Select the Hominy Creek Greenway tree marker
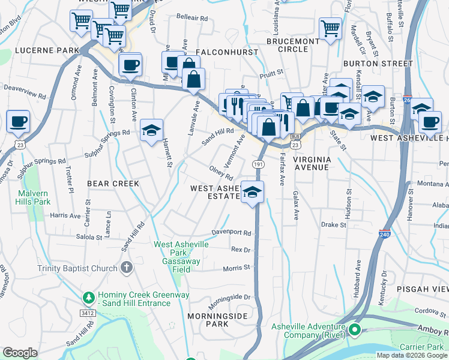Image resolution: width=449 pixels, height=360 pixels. pyautogui.click(x=89, y=298)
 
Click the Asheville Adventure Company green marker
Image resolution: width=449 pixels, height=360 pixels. pyautogui.click(x=354, y=329)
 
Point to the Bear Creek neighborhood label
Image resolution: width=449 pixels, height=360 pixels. pyautogui.click(x=113, y=184)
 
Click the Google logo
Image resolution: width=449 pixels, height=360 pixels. pyautogui.click(x=20, y=352)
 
